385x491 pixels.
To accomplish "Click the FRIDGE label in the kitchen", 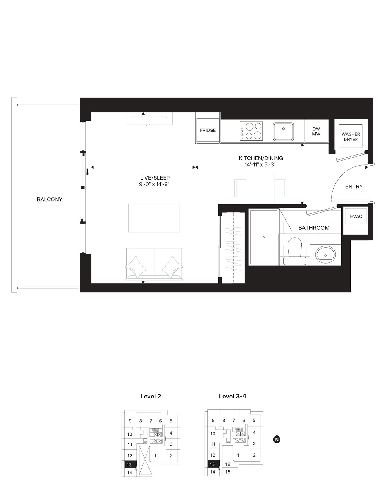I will (208, 130).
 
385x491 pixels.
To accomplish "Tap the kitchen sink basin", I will (283, 131).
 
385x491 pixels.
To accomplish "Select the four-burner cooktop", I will (251, 131).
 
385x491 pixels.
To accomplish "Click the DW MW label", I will (316, 131).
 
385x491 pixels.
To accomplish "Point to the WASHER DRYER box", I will (351, 137).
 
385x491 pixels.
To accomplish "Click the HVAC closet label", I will (356, 216).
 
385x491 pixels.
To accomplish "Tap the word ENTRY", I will (354, 187).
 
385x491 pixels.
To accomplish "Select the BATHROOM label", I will (314, 228).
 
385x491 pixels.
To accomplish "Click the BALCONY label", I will (50, 199).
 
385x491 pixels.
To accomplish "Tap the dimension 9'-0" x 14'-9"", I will (154, 184).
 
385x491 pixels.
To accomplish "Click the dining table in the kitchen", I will (260, 188).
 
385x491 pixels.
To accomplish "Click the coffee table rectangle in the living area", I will (154, 218).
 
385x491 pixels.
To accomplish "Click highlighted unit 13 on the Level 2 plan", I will (129, 465).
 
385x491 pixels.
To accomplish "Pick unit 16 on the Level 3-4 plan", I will (227, 464).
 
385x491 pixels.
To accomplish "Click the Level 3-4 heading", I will (232, 396).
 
